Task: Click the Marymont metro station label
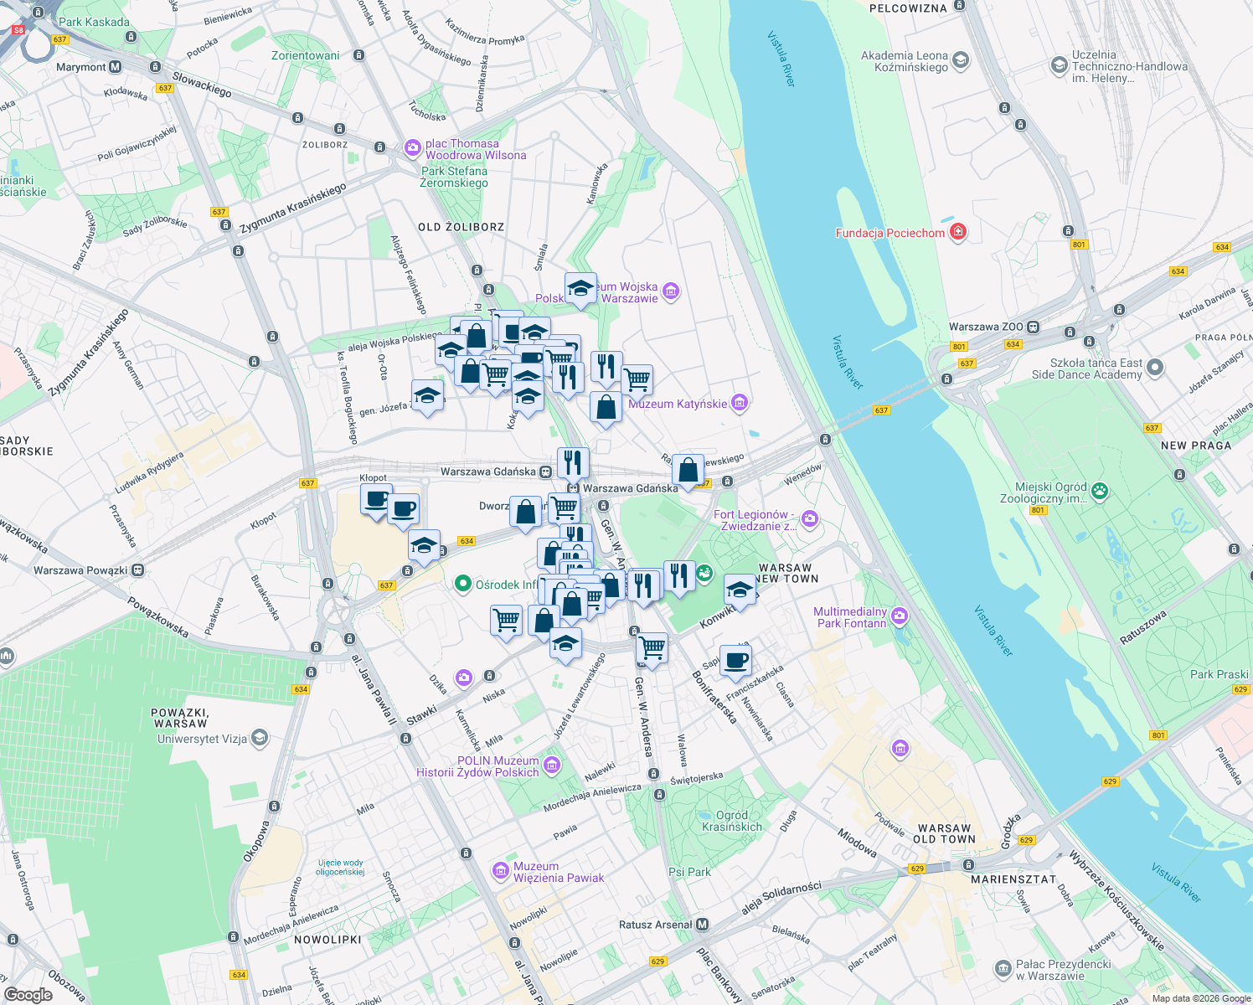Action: (80, 67)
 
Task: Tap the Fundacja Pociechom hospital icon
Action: (958, 232)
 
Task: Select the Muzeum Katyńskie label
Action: (678, 404)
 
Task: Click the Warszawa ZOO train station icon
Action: (1034, 327)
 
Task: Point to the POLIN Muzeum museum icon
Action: (551, 764)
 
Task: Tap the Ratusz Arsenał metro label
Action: (656, 925)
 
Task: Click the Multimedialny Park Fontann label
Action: (850, 617)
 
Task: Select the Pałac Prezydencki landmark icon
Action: (1003, 969)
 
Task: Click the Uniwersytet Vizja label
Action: (202, 739)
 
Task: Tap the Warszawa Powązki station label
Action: (80, 570)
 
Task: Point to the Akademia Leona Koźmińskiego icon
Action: (961, 59)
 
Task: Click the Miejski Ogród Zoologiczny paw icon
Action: (1100, 491)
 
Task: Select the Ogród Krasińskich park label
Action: (732, 821)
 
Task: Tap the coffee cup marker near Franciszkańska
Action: (735, 660)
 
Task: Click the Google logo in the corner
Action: (28, 994)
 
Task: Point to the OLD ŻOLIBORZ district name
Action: (461, 227)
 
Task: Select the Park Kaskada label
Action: (94, 22)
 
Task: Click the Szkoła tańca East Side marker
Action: (1155, 367)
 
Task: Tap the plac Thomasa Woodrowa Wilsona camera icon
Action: (412, 148)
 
